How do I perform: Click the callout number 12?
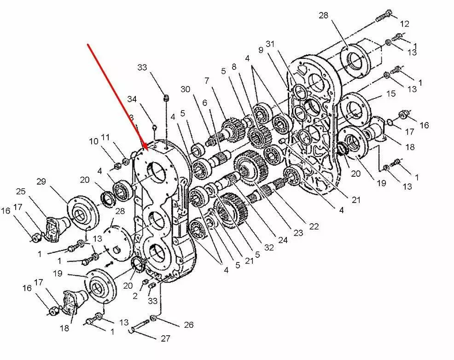[x=404, y=24]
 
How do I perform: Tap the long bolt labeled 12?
[x=384, y=16]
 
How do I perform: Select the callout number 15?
[x=390, y=94]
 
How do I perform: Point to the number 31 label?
[x=270, y=44]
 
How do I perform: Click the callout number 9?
[x=261, y=50]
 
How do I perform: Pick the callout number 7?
[x=206, y=81]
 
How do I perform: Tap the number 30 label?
[x=185, y=89]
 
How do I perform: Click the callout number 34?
[x=132, y=99]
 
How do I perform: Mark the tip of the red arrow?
[x=148, y=151]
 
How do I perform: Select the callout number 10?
[x=94, y=141]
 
